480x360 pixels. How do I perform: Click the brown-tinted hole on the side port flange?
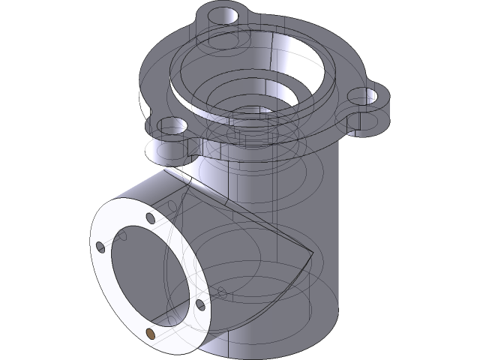(x=153, y=332)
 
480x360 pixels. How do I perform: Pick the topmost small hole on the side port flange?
(x=151, y=219)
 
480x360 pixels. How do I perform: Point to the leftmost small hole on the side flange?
(x=100, y=246)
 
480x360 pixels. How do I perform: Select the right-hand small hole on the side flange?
(x=201, y=305)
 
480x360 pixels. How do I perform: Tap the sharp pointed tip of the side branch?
(x=310, y=250)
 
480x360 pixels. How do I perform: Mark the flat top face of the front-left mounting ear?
(x=161, y=135)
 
